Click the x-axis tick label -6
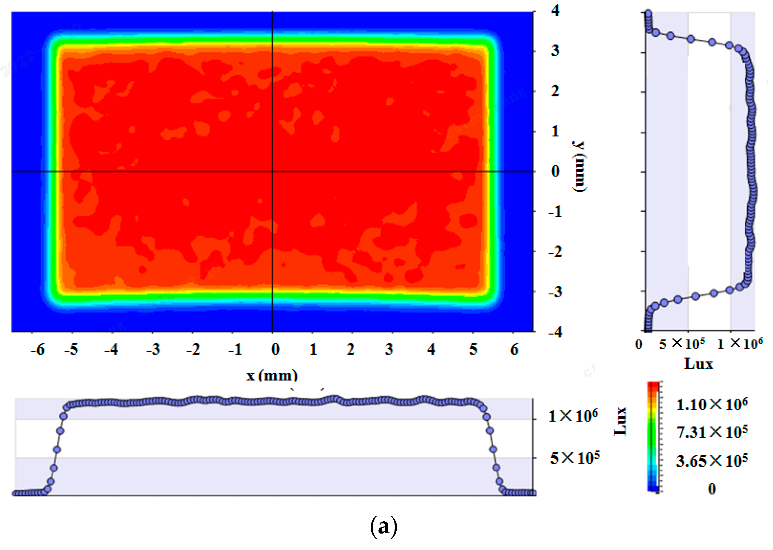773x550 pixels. tap(37, 350)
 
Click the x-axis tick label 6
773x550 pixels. tap(514, 350)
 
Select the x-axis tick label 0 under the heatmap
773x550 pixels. tap(275, 350)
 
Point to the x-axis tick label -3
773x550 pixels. tap(153, 350)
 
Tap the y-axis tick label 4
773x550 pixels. tap(555, 11)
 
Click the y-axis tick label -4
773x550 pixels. tap(555, 332)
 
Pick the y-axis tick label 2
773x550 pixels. tap(555, 91)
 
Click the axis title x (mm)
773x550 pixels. tap(272, 375)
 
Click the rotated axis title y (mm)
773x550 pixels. tap(579, 167)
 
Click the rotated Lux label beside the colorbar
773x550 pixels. tap(620, 421)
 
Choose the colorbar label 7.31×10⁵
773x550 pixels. tap(712, 432)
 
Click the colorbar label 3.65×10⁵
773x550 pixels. tap(712, 461)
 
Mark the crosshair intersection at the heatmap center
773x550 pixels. tap(273, 171)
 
